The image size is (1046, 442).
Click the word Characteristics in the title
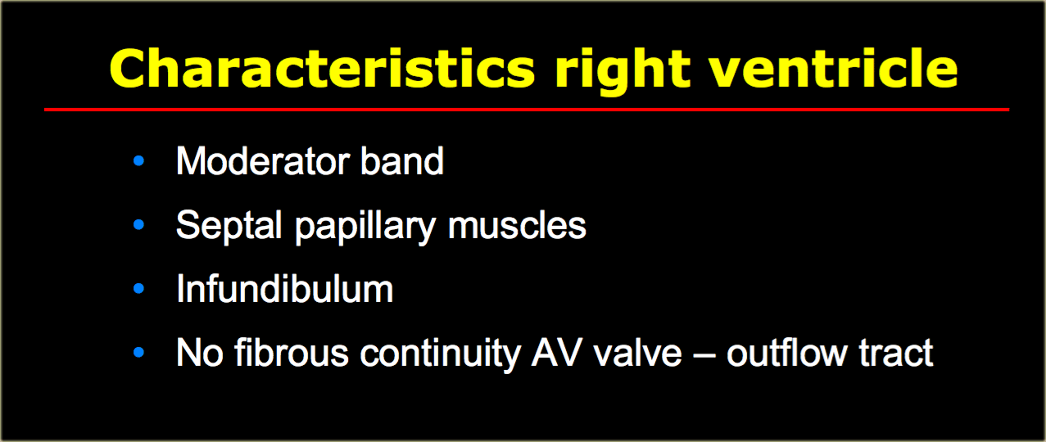point(322,68)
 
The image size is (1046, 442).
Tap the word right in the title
point(623,72)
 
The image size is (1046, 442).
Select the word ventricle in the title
point(834,68)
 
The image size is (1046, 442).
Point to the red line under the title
point(527,110)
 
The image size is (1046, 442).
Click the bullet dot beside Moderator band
point(138,161)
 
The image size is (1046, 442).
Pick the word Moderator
point(263,161)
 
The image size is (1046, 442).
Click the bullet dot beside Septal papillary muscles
point(138,225)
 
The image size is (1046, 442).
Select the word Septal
point(229,227)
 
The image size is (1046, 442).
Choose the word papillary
point(365,228)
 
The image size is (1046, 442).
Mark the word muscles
point(517,225)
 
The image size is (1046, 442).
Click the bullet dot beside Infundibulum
point(138,288)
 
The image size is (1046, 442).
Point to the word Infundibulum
point(285,288)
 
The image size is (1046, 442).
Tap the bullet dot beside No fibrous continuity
point(138,353)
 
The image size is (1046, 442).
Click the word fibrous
point(292,353)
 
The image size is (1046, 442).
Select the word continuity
point(441,354)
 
